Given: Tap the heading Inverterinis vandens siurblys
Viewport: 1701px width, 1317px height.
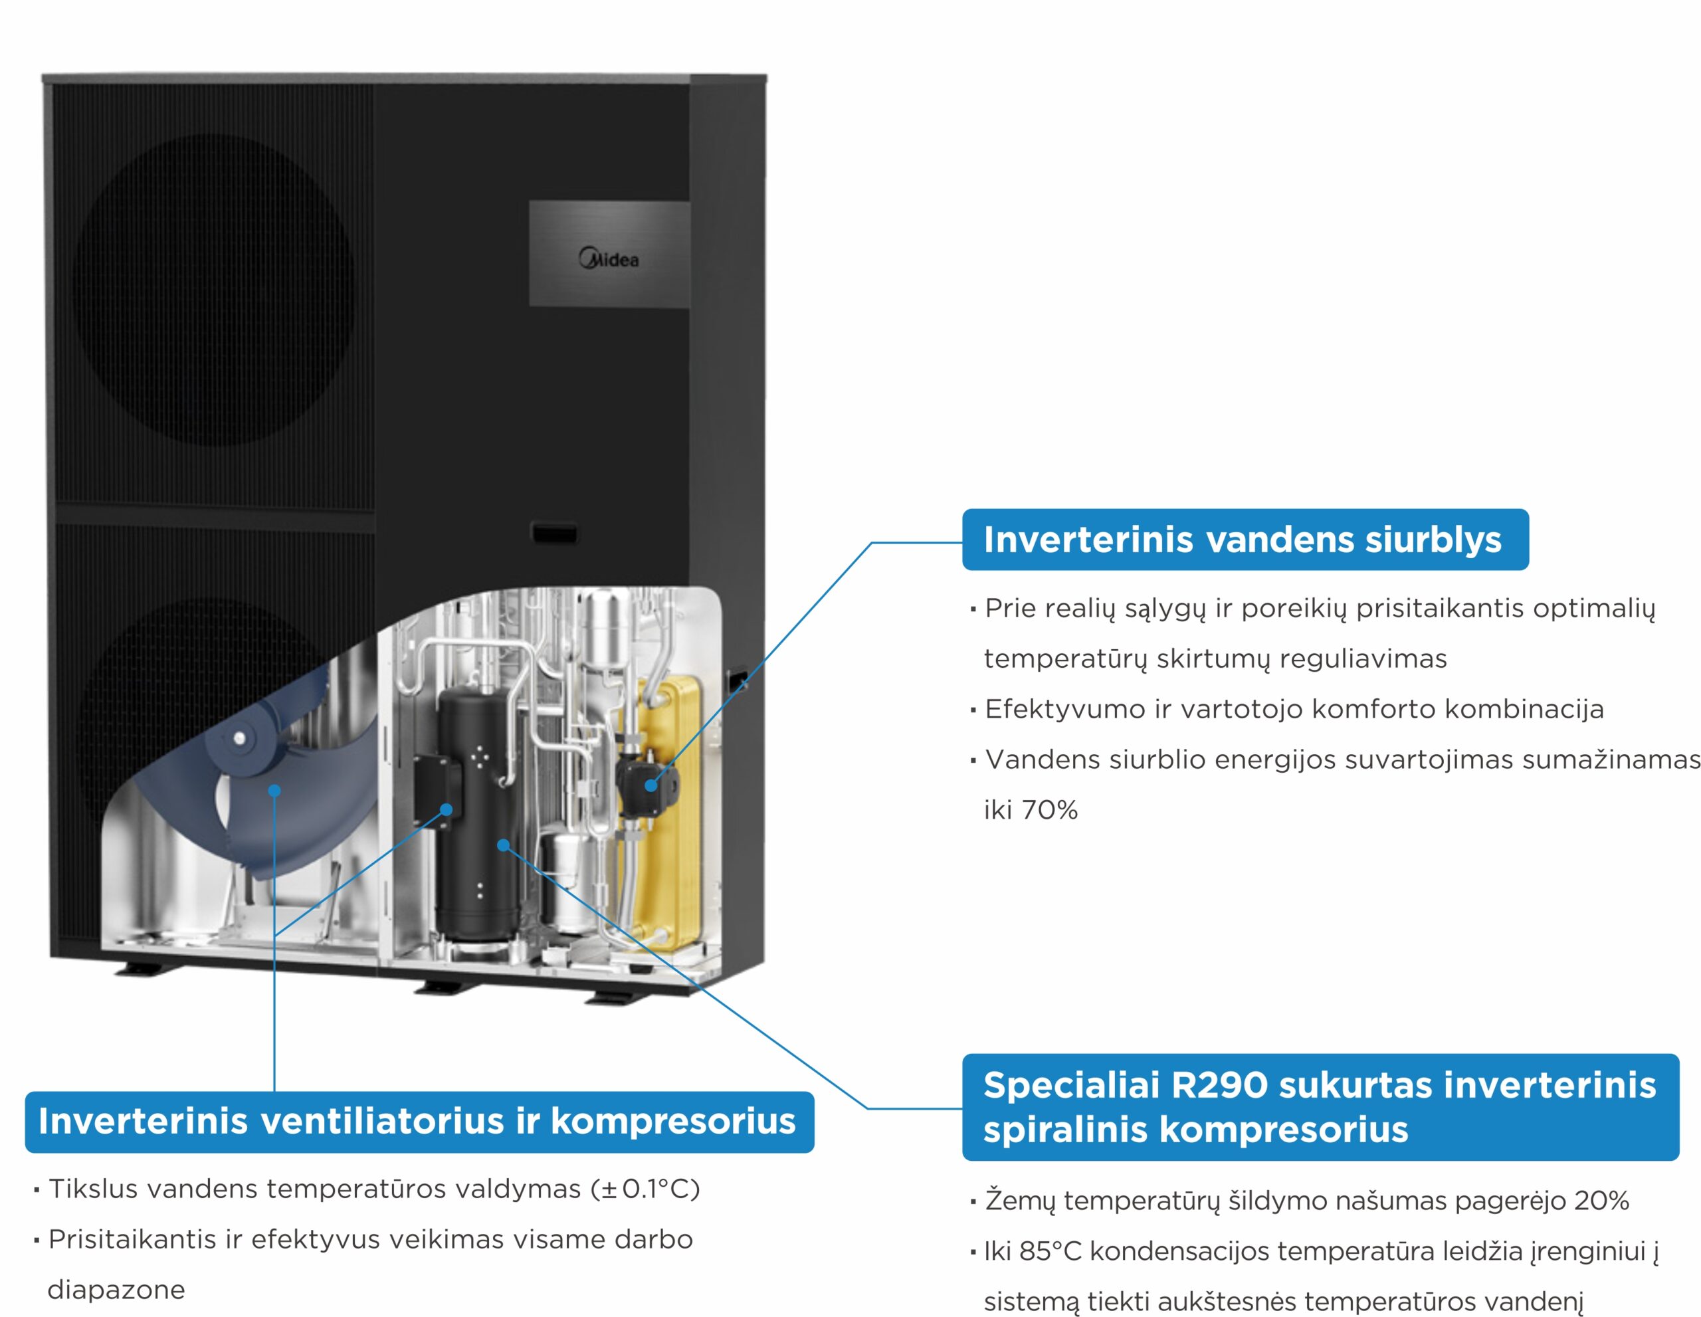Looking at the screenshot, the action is click(x=1243, y=540).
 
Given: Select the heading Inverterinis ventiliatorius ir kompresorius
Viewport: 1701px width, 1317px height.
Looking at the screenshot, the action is click(x=417, y=1121).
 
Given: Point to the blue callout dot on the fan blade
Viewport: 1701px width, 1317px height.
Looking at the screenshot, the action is click(x=274, y=791).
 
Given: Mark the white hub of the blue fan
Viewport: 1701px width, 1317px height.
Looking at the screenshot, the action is click(x=239, y=738).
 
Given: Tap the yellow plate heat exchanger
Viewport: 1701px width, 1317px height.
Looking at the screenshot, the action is click(x=668, y=810).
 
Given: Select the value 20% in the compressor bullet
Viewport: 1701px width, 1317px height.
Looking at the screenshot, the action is click(x=1601, y=1200).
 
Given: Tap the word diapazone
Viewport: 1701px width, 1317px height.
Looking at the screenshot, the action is click(x=116, y=1290).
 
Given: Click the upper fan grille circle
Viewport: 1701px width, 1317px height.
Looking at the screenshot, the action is click(x=213, y=290).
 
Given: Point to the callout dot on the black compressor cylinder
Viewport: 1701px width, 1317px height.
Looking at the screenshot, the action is click(x=503, y=845).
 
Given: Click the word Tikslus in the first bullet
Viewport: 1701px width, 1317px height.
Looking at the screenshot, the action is click(x=94, y=1189).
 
